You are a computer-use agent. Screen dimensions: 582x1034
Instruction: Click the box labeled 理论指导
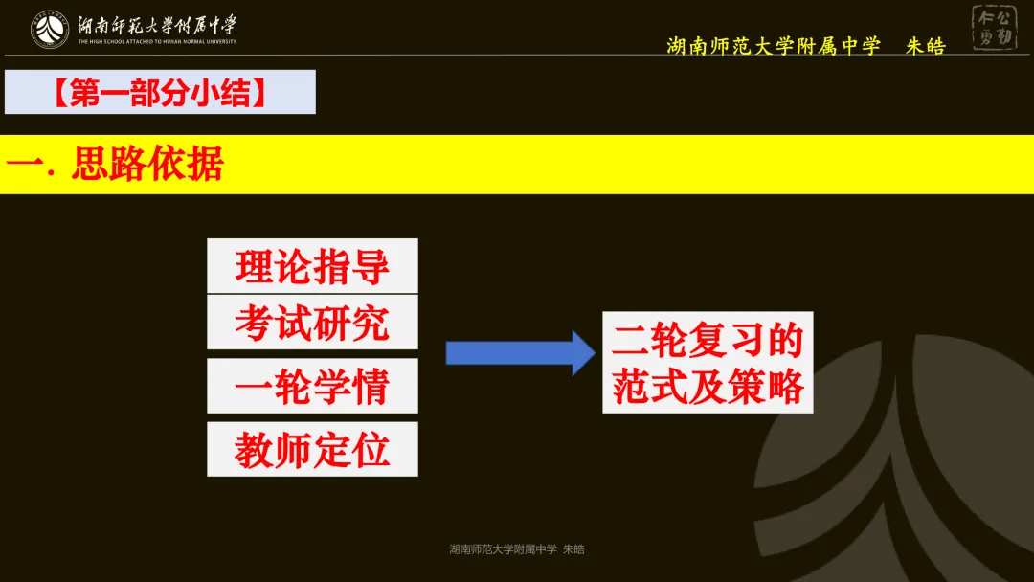pyautogui.click(x=312, y=265)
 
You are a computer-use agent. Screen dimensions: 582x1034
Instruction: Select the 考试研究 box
pyautogui.click(x=312, y=323)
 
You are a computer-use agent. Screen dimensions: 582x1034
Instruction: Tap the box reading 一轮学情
pyautogui.click(x=312, y=386)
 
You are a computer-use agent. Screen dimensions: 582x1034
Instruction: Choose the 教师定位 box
pyautogui.click(x=312, y=449)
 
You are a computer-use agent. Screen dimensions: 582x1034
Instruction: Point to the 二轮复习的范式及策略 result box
pyautogui.click(x=708, y=362)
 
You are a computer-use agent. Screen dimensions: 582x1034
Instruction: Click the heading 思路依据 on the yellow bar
pyautogui.click(x=147, y=165)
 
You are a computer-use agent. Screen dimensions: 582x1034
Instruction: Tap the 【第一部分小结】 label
pyautogui.click(x=160, y=92)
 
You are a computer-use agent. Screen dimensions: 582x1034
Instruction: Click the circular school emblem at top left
pyautogui.click(x=50, y=29)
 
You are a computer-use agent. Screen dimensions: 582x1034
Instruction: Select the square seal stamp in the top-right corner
pyautogui.click(x=995, y=28)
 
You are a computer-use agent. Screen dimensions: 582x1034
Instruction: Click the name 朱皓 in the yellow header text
pyautogui.click(x=925, y=46)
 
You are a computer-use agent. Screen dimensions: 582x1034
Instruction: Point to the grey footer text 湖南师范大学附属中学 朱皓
pyautogui.click(x=517, y=549)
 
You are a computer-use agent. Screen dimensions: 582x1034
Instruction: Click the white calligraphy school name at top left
pyautogui.click(x=157, y=24)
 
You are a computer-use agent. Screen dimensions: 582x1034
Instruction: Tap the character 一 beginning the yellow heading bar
pyautogui.click(x=22, y=165)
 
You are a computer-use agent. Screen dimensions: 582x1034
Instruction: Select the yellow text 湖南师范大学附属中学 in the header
pyautogui.click(x=773, y=46)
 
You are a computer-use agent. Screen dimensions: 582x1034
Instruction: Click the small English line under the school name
pyautogui.click(x=157, y=42)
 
